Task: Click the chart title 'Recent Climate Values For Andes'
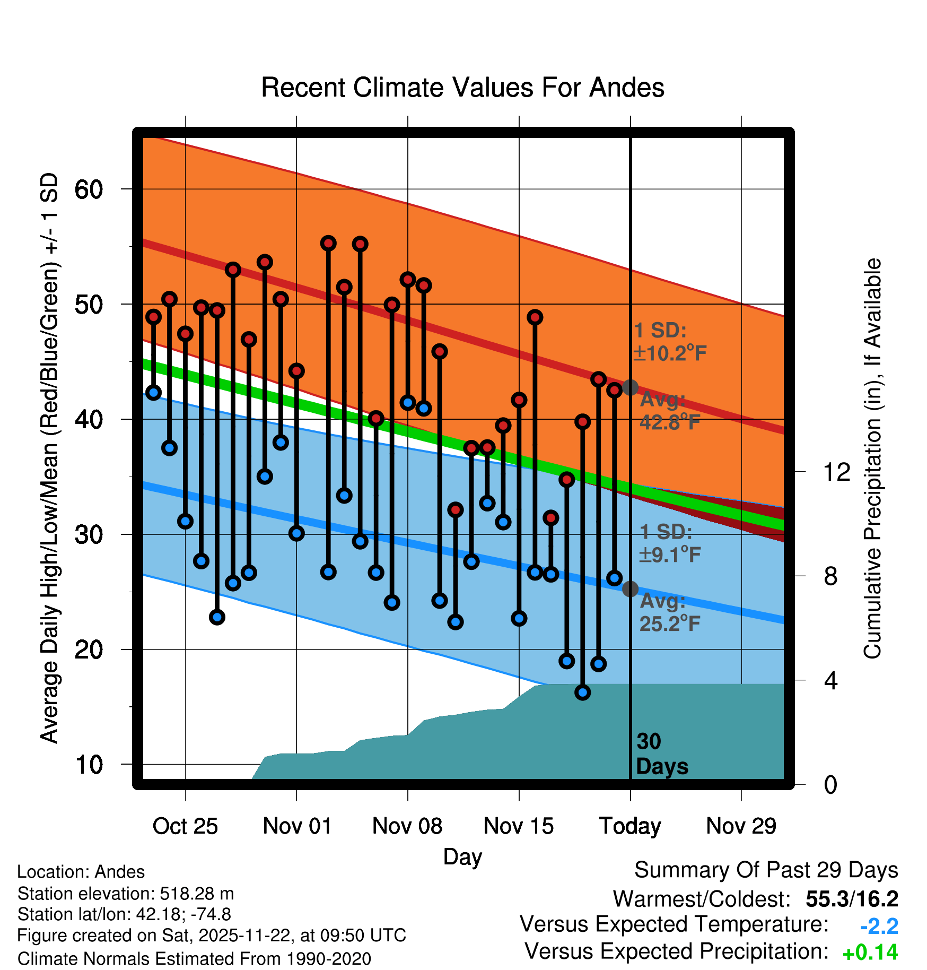pos(462,88)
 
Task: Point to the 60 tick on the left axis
pos(89,189)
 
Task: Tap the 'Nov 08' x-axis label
pos(407,826)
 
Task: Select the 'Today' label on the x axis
pos(630,826)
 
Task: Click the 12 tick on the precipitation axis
pos(836,472)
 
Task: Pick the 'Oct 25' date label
pos(185,826)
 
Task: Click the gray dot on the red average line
pos(630,387)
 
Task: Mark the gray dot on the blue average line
pos(630,589)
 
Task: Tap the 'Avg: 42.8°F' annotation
pos(669,411)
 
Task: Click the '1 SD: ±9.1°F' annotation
pos(669,543)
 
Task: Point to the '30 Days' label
pos(661,754)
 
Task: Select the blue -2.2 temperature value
pos(879,926)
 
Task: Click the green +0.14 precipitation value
pos(870,953)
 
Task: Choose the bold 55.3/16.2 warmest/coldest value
pos(852,899)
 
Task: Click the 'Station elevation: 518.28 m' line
pos(126,894)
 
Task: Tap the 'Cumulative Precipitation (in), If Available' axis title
pos(872,458)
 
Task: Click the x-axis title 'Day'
pos(462,856)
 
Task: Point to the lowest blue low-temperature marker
pos(583,692)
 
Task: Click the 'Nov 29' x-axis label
pos(741,826)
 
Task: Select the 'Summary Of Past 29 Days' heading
pos(766,870)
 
